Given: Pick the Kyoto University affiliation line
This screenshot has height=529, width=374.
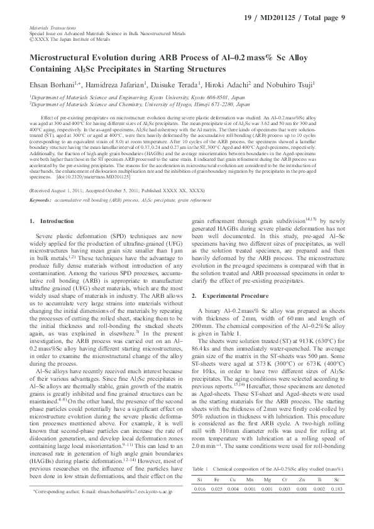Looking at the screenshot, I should [x=133, y=99].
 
